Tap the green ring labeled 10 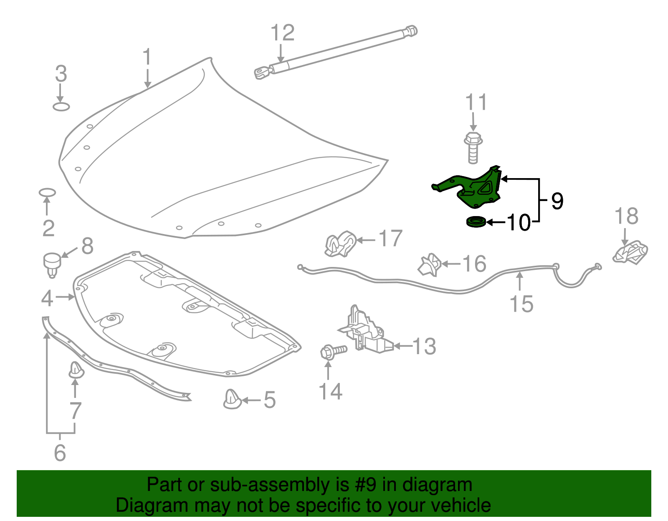point(476,222)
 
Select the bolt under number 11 point(473,148)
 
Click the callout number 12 point(283,33)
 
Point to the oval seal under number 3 point(61,107)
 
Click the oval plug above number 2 point(48,192)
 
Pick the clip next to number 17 point(340,244)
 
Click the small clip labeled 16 point(430,264)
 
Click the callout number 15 point(521,304)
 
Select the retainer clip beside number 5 point(232,399)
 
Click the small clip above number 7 point(76,370)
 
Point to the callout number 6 point(60,453)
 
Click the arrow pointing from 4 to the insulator point(65,297)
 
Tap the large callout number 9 point(557,201)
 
